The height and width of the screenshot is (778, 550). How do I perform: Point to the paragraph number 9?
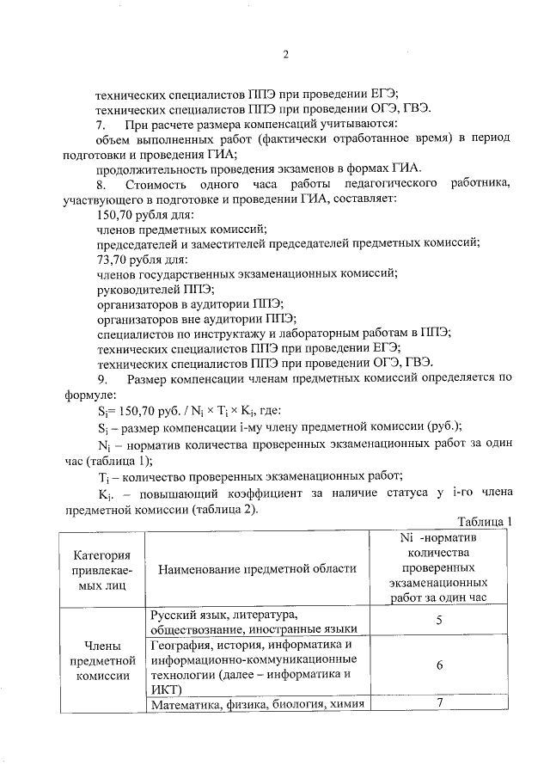101,379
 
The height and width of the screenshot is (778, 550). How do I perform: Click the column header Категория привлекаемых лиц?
101,569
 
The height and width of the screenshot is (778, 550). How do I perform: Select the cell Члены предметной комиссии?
101,660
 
